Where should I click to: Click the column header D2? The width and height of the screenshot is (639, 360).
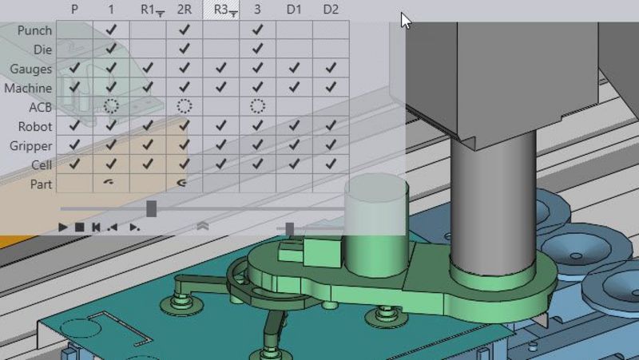click(x=331, y=10)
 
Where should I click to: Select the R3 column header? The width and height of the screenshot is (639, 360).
click(x=220, y=10)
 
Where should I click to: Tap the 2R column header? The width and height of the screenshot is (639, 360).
click(x=185, y=10)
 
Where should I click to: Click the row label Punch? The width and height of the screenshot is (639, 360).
click(x=34, y=30)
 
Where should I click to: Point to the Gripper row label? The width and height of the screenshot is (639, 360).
click(x=31, y=146)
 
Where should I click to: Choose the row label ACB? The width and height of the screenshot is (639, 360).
click(x=41, y=107)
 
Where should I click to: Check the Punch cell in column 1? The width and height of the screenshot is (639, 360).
click(x=111, y=30)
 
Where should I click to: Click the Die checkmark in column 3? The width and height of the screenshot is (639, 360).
click(x=257, y=49)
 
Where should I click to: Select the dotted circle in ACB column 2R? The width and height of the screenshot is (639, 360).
click(x=185, y=106)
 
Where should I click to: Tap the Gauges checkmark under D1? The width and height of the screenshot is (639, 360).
click(x=294, y=68)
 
